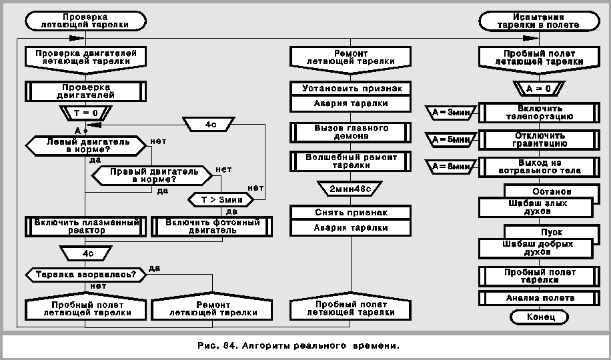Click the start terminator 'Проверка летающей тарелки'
[85, 21]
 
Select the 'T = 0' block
[85, 112]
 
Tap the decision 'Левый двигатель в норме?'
[85, 145]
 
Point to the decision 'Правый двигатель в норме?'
[154, 175]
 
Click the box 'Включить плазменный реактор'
[85, 226]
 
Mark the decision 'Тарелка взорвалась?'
[85, 274]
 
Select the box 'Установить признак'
[351, 88]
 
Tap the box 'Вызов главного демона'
[351, 131]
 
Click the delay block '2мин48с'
[351, 189]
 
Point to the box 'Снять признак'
[351, 212]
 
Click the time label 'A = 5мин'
[452, 139]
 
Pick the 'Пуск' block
[552, 232]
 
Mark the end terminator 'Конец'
[540, 317]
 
